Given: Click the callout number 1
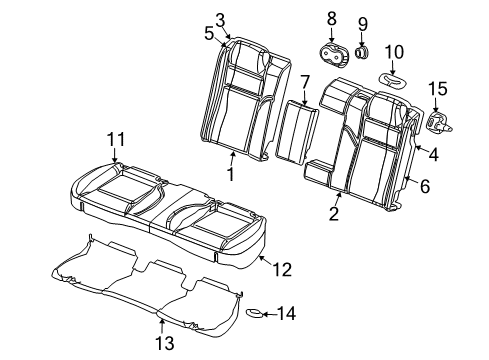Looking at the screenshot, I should tap(230, 176).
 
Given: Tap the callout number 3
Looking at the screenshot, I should tap(221, 18).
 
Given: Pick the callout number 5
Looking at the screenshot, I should tap(208, 33).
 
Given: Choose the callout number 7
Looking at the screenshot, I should tap(305, 81).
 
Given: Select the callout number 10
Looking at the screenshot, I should tap(394, 51).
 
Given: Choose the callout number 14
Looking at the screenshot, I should tap(287, 314).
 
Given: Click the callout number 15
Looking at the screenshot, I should tap(438, 91).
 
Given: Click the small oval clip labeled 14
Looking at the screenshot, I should tap(256, 314).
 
